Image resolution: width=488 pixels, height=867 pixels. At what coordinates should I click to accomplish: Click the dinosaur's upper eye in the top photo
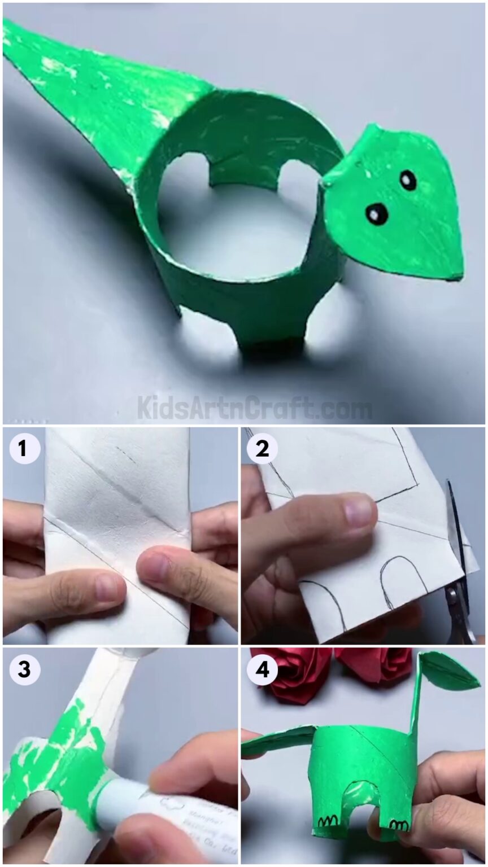coord(408,179)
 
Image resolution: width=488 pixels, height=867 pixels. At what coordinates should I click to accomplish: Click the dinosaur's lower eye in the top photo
coord(377,213)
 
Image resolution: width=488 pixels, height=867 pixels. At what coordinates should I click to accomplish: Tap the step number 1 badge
coord(22,449)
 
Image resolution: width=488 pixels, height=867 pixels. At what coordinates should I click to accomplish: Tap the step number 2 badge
coord(262,449)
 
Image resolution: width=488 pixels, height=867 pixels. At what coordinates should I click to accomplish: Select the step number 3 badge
coord(22,669)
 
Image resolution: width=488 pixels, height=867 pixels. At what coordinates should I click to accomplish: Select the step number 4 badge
coord(262,669)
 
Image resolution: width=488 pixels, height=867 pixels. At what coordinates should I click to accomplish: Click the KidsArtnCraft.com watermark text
coord(254,408)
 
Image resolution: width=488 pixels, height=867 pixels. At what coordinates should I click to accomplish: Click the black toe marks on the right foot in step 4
coord(399,825)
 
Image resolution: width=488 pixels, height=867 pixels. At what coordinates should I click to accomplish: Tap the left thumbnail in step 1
coord(106,587)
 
